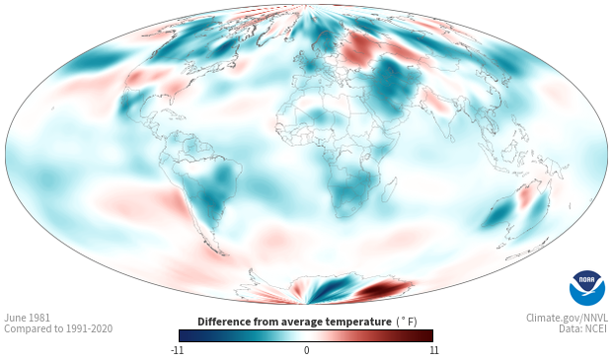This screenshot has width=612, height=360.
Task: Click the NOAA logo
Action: pyautogui.click(x=587, y=288)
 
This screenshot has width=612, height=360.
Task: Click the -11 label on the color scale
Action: pyautogui.click(x=178, y=350)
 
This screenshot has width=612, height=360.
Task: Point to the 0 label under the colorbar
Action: pyautogui.click(x=306, y=350)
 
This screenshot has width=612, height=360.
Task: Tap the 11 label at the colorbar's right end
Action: pyautogui.click(x=433, y=350)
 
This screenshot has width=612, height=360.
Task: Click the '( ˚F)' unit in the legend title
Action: pyautogui.click(x=407, y=323)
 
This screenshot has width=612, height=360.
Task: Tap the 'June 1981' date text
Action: pyautogui.click(x=27, y=318)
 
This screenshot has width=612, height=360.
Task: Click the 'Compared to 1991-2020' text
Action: pyautogui.click(x=58, y=328)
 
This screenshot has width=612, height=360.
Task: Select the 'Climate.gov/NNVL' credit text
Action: pyautogui.click(x=567, y=318)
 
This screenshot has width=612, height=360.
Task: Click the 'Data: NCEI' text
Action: pyautogui.click(x=583, y=328)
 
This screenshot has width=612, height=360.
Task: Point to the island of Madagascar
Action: pyautogui.click(x=389, y=188)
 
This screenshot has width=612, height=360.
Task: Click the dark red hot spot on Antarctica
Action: pyautogui.click(x=383, y=289)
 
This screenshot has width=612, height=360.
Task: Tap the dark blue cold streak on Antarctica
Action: pyautogui.click(x=331, y=289)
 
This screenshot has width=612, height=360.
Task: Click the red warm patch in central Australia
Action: pyautogui.click(x=525, y=196)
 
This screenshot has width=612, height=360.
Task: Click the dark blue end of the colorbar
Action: pyautogui.click(x=186, y=335)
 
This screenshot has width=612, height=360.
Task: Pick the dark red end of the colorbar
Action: pyautogui.click(x=426, y=335)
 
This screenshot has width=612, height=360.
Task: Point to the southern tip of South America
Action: pyautogui.click(x=223, y=253)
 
